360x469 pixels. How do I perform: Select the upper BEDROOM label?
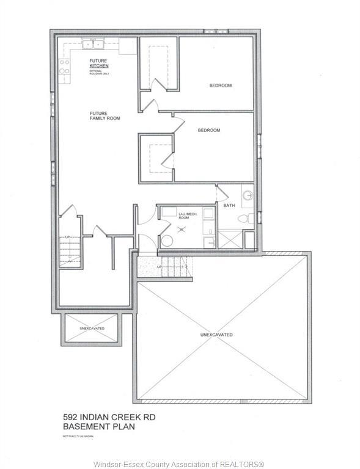point(220,85)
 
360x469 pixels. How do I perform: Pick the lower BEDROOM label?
point(208,131)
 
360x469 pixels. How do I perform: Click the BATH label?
point(229,206)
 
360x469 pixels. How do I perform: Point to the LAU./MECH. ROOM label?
point(186,216)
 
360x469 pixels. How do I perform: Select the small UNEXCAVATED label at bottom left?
point(92,329)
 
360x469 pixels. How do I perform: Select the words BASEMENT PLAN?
point(98,427)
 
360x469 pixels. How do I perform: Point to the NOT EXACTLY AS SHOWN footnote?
point(81,435)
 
